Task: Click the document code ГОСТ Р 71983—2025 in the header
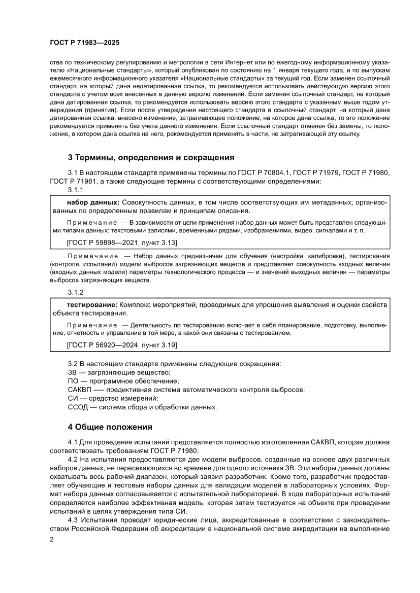(84, 43)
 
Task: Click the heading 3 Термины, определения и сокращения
(151, 157)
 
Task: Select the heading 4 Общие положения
(110, 427)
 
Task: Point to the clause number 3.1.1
(76, 190)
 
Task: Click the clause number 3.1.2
(76, 292)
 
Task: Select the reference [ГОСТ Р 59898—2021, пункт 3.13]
(121, 243)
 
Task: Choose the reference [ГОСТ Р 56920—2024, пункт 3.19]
(122, 345)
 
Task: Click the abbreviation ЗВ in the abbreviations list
(73, 373)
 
